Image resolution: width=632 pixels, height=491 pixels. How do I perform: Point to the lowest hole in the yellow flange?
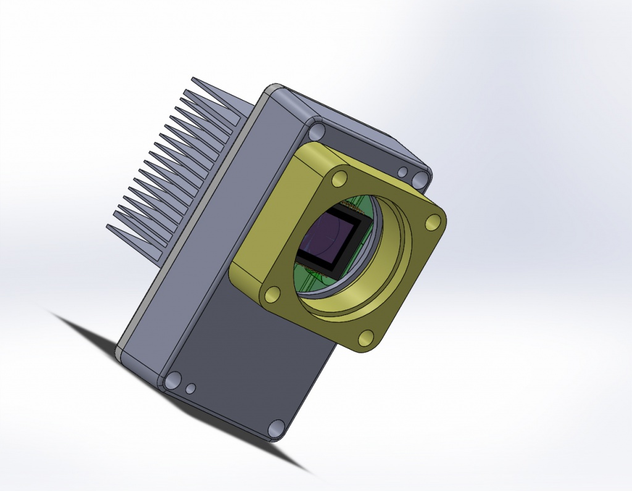(x=366, y=337)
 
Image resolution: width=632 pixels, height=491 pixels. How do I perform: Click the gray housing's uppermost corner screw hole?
(x=317, y=131)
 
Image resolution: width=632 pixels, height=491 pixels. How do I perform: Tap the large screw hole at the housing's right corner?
(x=421, y=179)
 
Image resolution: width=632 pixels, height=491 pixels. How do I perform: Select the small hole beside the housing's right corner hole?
(x=402, y=172)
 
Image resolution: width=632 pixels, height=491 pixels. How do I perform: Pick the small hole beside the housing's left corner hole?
(x=191, y=388)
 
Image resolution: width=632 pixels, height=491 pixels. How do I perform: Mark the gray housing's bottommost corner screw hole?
(x=276, y=427)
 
